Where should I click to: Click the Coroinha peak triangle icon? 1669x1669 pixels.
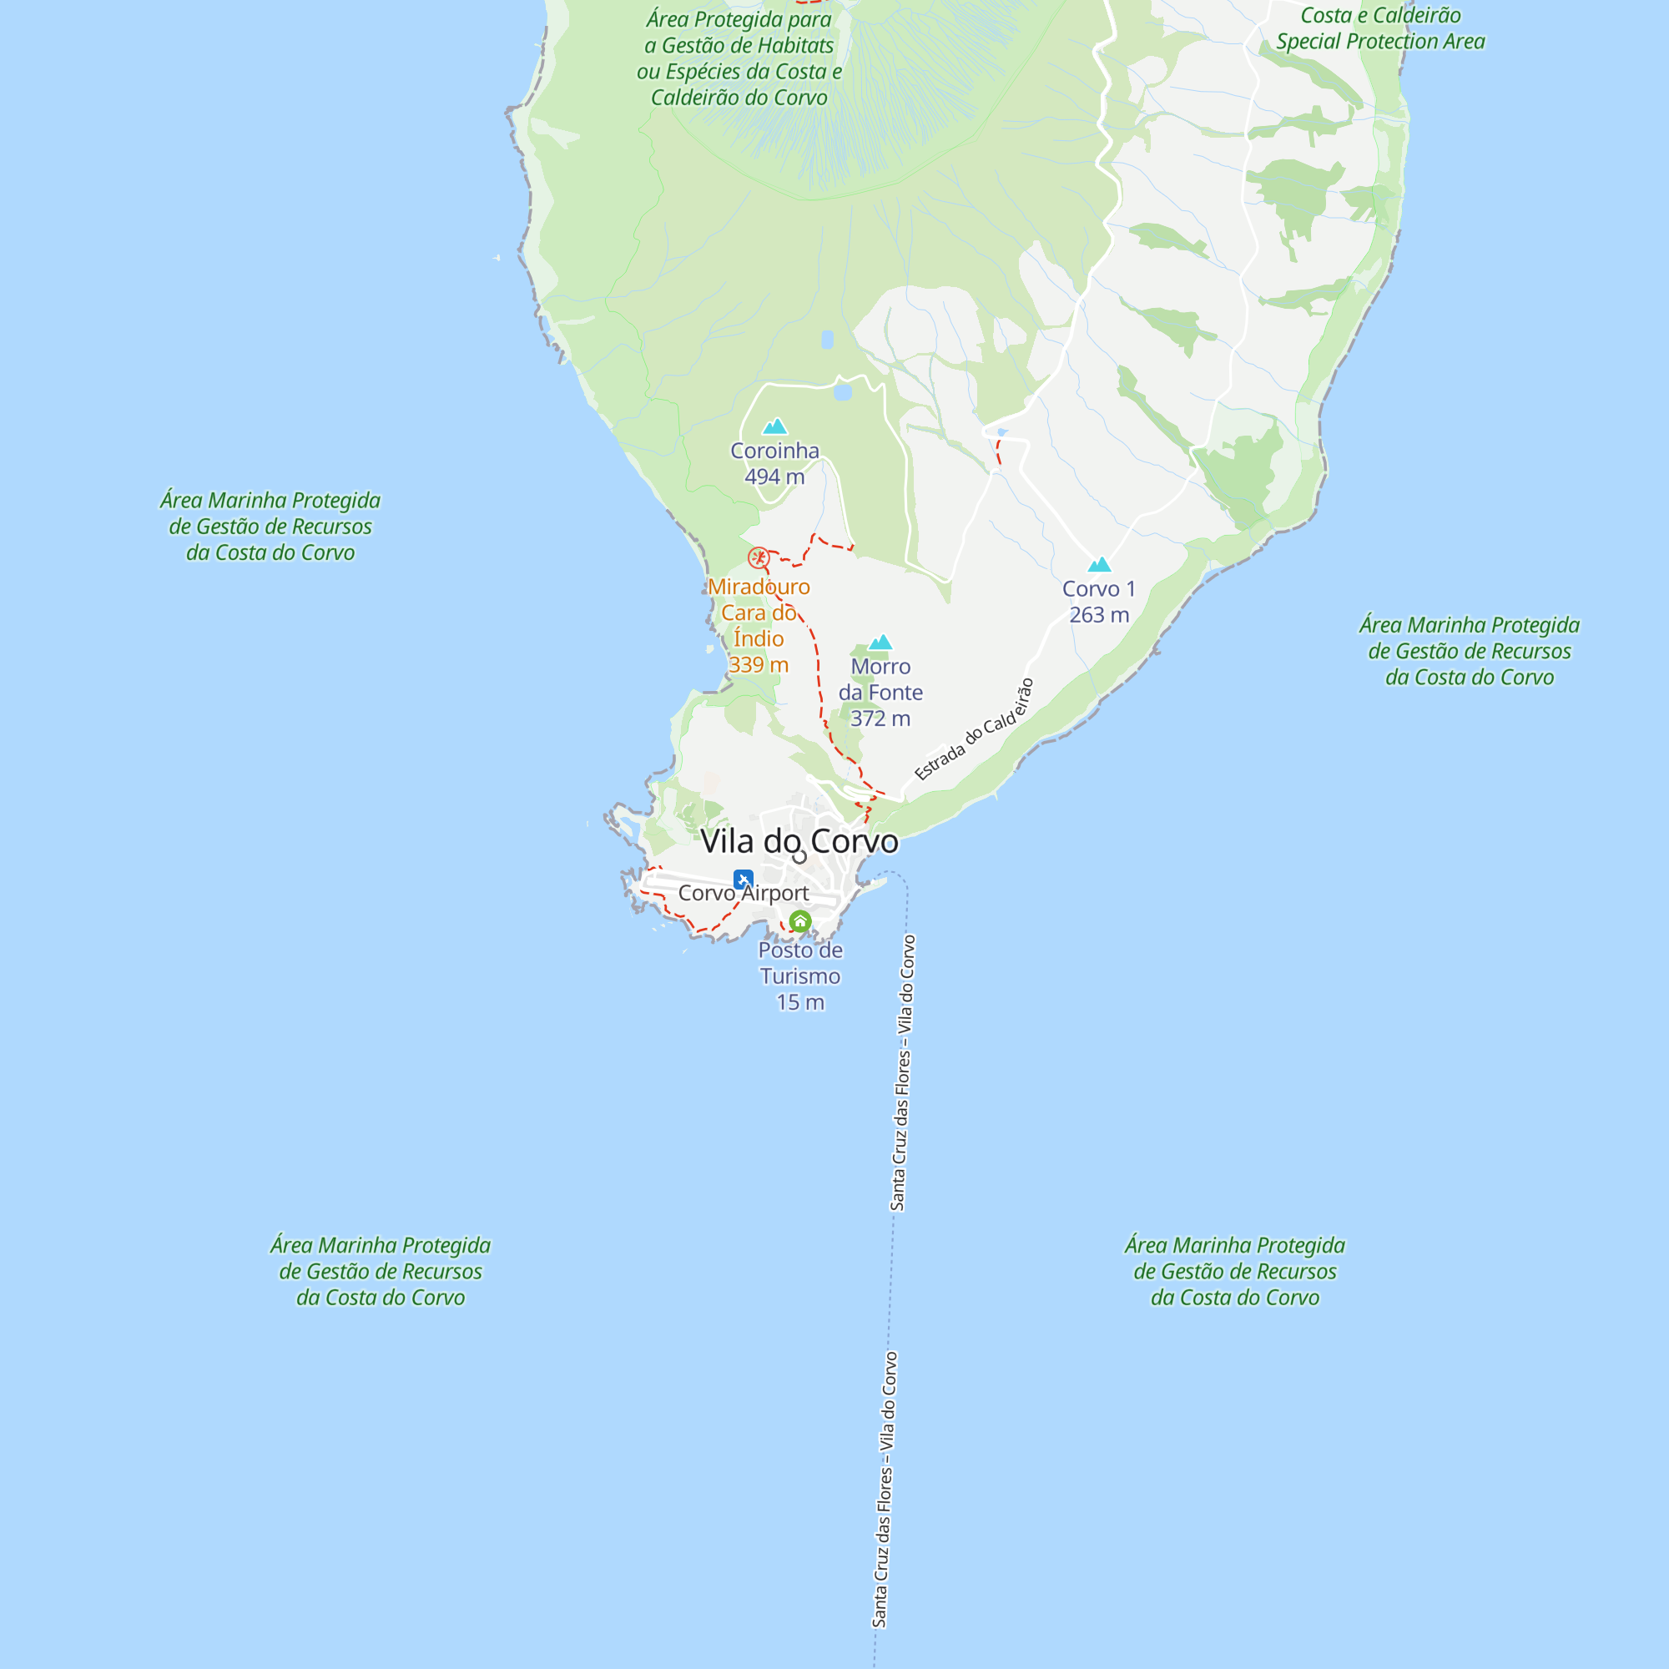tap(775, 426)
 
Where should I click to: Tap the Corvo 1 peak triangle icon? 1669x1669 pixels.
tap(1099, 564)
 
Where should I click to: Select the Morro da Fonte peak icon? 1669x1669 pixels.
tap(880, 642)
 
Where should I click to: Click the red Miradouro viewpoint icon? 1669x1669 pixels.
tap(759, 557)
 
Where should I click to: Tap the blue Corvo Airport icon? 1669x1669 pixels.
tap(743, 879)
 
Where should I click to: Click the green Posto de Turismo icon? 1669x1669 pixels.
tap(800, 922)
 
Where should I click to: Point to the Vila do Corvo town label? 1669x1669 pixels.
tap(799, 840)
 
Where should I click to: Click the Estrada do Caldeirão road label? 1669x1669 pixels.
tap(974, 730)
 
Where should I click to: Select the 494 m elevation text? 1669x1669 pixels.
tap(775, 476)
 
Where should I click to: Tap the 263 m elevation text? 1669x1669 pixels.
tap(1099, 615)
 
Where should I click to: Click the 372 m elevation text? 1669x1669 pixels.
tap(880, 719)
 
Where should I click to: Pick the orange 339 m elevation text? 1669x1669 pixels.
tap(759, 665)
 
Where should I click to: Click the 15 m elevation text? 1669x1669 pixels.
tap(800, 1003)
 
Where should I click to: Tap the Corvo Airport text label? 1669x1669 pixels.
tap(744, 893)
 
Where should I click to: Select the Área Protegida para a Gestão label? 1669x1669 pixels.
tap(739, 58)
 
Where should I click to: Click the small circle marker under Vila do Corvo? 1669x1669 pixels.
tap(800, 857)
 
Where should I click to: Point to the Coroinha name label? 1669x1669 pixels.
tap(775, 451)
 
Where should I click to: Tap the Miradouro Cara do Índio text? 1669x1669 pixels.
tap(759, 613)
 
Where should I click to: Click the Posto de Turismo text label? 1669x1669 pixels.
tap(800, 963)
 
